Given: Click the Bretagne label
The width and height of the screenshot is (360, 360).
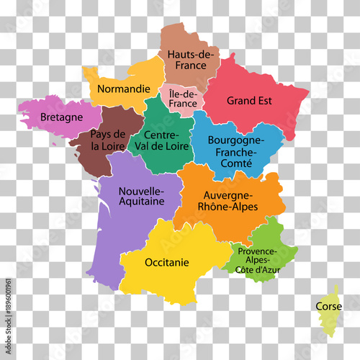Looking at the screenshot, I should click(x=61, y=116).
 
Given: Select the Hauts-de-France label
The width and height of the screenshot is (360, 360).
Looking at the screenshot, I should click(x=189, y=58).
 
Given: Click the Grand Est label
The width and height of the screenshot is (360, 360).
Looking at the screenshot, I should click(x=249, y=101).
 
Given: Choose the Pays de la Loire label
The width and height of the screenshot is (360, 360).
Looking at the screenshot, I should click(x=108, y=140).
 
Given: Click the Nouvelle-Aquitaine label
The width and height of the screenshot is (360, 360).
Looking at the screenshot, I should click(x=141, y=196).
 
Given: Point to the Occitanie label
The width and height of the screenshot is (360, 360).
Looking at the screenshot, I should click(x=167, y=262).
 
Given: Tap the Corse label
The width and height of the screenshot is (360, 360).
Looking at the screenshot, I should click(x=328, y=306).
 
